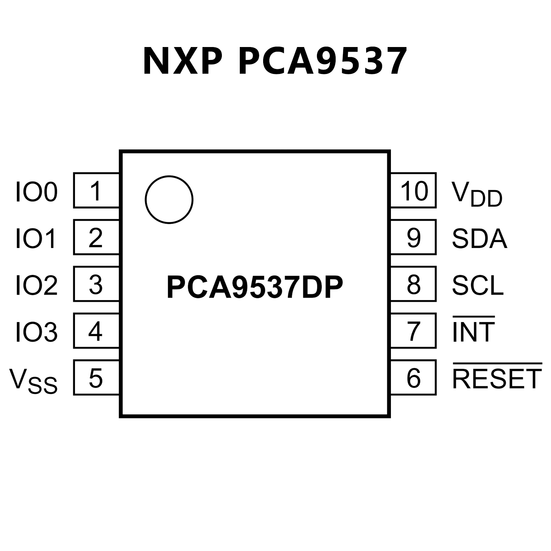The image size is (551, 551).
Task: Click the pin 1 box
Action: pyautogui.click(x=96, y=190)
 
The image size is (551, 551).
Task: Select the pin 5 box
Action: pyautogui.click(x=96, y=378)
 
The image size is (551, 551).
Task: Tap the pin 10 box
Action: pyautogui.click(x=414, y=190)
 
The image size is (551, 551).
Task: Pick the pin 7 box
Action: pyautogui.click(x=414, y=331)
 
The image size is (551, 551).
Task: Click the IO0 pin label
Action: pyautogui.click(x=36, y=192)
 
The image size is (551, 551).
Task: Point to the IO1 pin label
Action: pyautogui.click(x=36, y=239)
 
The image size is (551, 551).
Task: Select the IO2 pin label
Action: pyautogui.click(x=36, y=285)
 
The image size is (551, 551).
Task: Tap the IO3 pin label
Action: pyautogui.click(x=36, y=332)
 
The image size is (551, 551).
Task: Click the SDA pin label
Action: pyautogui.click(x=479, y=239)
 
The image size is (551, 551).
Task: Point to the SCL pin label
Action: pyautogui.click(x=478, y=285)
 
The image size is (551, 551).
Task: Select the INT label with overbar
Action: pyautogui.click(x=473, y=331)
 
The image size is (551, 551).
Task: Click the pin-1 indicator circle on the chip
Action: pyautogui.click(x=169, y=200)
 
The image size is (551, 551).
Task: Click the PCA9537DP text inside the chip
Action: pyautogui.click(x=255, y=287)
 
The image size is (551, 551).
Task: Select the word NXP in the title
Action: pyautogui.click(x=182, y=61)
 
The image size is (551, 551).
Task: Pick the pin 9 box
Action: pyautogui.click(x=414, y=237)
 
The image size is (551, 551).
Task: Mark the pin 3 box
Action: pyautogui.click(x=96, y=284)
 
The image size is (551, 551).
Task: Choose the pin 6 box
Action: pyautogui.click(x=414, y=378)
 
